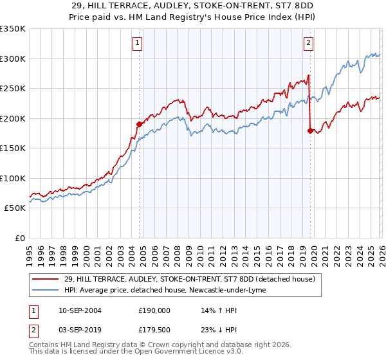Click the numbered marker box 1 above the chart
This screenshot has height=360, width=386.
tap(138, 43)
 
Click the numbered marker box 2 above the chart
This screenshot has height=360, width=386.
tap(309, 43)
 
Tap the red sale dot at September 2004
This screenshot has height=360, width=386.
tap(139, 124)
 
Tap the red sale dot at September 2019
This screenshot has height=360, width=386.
tap(310, 130)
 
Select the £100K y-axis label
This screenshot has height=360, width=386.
tap(13, 178)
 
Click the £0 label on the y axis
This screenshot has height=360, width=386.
tap(19, 238)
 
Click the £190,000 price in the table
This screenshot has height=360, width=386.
tap(154, 310)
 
